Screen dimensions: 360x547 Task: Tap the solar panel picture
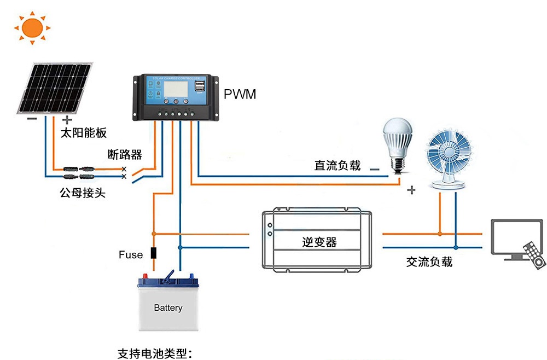coord(54,88)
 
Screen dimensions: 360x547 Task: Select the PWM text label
coord(240,95)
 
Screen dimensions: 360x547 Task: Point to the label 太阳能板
coord(83,133)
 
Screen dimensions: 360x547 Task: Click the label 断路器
coord(125,155)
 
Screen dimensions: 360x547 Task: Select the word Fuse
coord(131,254)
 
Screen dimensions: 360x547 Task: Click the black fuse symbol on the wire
coord(154,253)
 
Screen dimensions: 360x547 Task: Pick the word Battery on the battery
coord(168,308)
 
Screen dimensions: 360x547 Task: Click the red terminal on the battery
coord(146,275)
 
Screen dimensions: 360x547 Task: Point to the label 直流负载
coord(337,165)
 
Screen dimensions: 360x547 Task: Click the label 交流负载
coord(429,262)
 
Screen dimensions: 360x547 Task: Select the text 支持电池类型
coord(155,353)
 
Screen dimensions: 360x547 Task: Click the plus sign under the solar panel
coord(67,120)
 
